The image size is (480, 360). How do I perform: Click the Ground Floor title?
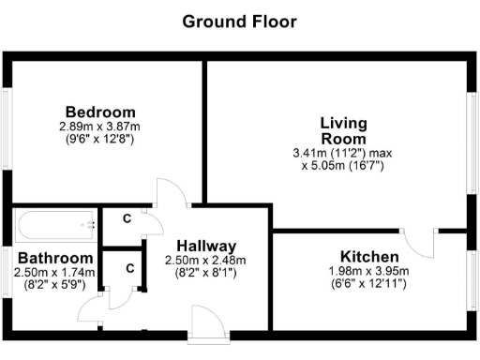239,21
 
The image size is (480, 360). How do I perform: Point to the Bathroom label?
55,258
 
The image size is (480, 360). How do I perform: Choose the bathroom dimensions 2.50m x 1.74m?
55,272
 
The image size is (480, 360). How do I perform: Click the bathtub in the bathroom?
55,225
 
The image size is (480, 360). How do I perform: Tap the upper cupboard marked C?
127,219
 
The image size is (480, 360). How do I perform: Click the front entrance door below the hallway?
206,322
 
